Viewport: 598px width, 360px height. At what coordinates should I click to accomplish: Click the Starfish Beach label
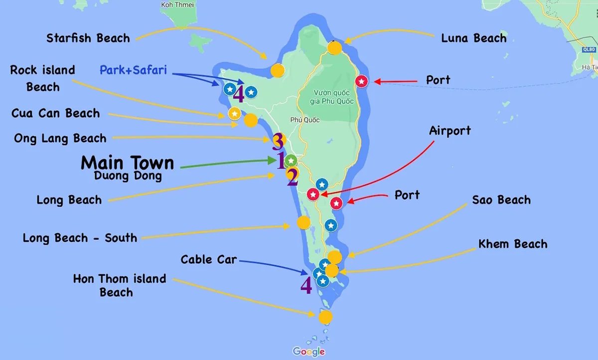click(x=88, y=38)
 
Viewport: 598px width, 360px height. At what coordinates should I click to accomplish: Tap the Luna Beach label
click(x=473, y=38)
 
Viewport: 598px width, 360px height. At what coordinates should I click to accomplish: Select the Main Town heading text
click(x=128, y=163)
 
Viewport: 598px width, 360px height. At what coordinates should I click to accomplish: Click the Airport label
click(x=450, y=131)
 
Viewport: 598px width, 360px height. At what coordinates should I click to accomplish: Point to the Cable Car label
click(x=209, y=259)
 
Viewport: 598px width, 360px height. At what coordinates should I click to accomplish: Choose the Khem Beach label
click(x=513, y=244)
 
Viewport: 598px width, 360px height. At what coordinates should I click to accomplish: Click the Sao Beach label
click(x=501, y=200)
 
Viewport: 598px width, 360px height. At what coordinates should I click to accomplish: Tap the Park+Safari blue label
click(x=133, y=70)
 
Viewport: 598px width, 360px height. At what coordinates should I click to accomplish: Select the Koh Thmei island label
click(x=174, y=4)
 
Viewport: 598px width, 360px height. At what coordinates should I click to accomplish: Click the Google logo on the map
click(x=309, y=351)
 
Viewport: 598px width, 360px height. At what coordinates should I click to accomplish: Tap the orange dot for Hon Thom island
click(x=325, y=317)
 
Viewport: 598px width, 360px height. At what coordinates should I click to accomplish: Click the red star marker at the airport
click(x=313, y=194)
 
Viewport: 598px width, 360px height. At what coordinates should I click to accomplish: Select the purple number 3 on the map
click(x=278, y=142)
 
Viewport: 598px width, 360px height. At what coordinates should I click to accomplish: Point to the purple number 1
click(x=281, y=161)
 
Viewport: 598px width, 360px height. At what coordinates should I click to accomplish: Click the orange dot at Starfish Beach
click(x=278, y=71)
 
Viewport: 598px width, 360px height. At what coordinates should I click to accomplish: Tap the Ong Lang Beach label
click(x=60, y=139)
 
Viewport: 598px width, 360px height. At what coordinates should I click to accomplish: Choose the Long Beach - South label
click(x=80, y=237)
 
